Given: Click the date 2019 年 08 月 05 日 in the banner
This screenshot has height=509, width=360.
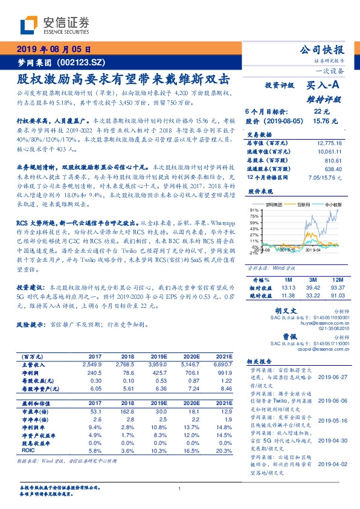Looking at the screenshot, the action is click(53, 50).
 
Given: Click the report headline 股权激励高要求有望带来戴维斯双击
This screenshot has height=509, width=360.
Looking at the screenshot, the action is click(123, 79).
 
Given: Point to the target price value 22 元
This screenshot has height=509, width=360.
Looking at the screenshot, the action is click(322, 112).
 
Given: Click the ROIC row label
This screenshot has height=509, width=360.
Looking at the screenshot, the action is click(29, 451).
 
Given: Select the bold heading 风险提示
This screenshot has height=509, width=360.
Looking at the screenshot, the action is click(33, 325).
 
